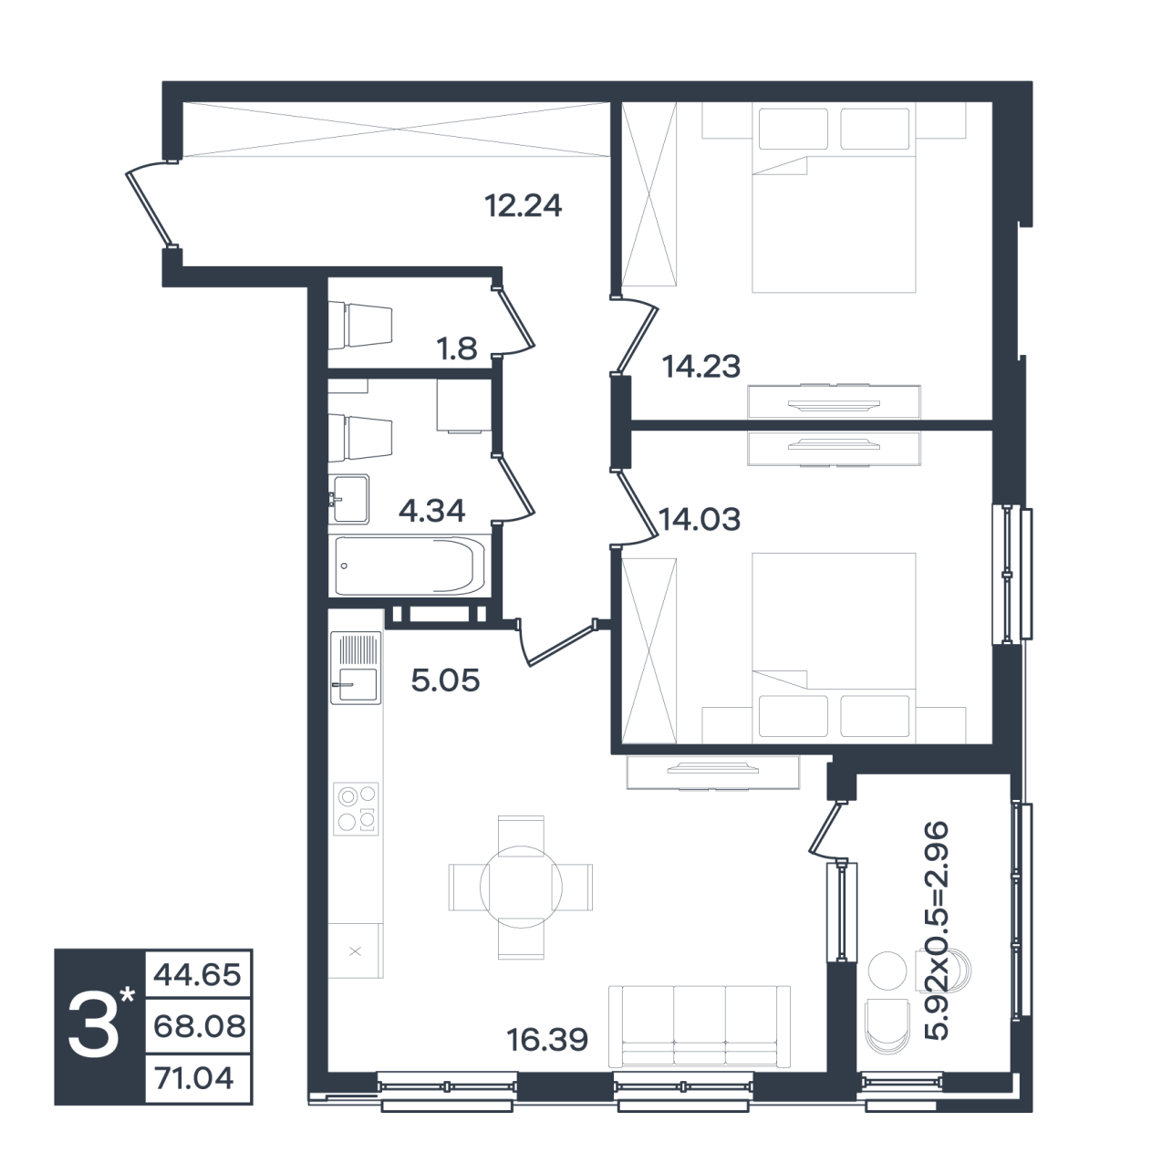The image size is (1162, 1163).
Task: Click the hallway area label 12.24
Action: coord(524,205)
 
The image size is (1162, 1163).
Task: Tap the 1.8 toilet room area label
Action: coord(458,348)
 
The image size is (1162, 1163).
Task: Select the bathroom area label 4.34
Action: coord(432,511)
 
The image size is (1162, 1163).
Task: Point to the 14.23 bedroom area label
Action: coord(701,367)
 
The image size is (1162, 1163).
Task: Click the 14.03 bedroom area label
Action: coord(700,519)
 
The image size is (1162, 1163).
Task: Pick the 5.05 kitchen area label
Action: coord(445,680)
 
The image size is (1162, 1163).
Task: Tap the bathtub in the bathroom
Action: coord(410,566)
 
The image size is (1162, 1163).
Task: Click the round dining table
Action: coord(521,887)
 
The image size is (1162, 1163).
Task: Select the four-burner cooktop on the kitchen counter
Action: coord(356,809)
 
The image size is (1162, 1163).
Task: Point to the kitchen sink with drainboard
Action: coord(356,668)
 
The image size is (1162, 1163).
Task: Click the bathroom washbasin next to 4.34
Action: coord(349,499)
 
